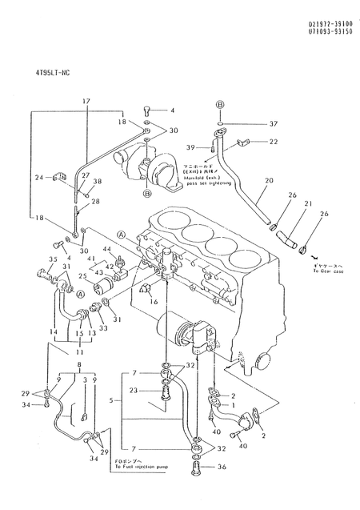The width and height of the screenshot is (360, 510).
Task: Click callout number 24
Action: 38,178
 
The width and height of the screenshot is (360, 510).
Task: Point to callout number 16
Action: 154,302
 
